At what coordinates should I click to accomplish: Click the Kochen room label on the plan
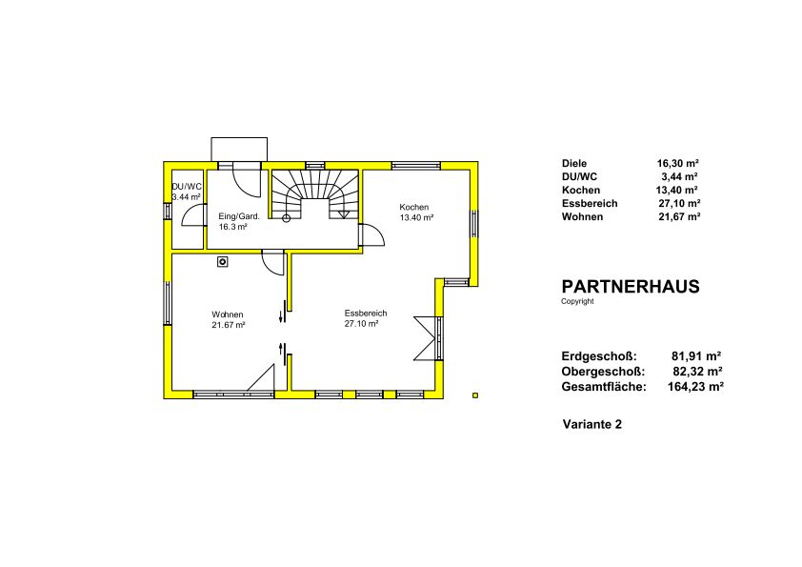(x=414, y=207)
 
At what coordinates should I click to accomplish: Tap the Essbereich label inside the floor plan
(x=366, y=314)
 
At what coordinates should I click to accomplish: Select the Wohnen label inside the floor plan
(x=228, y=314)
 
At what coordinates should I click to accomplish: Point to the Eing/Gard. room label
(x=239, y=216)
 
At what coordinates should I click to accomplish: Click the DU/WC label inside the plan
(x=187, y=187)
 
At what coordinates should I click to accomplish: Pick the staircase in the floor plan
(x=314, y=194)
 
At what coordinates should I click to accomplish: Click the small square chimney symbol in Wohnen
(x=223, y=262)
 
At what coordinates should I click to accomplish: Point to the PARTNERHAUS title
(x=631, y=287)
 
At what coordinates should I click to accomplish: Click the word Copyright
(x=577, y=301)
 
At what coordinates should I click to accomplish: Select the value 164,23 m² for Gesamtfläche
(x=695, y=387)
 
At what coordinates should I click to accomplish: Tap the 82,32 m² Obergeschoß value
(x=697, y=372)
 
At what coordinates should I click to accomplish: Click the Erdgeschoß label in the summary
(x=599, y=356)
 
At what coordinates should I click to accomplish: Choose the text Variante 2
(x=592, y=424)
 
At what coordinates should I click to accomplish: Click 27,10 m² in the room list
(x=679, y=204)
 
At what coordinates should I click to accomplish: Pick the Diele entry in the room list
(x=574, y=164)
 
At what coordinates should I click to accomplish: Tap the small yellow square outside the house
(x=475, y=395)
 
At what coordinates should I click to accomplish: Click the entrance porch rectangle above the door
(x=239, y=150)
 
